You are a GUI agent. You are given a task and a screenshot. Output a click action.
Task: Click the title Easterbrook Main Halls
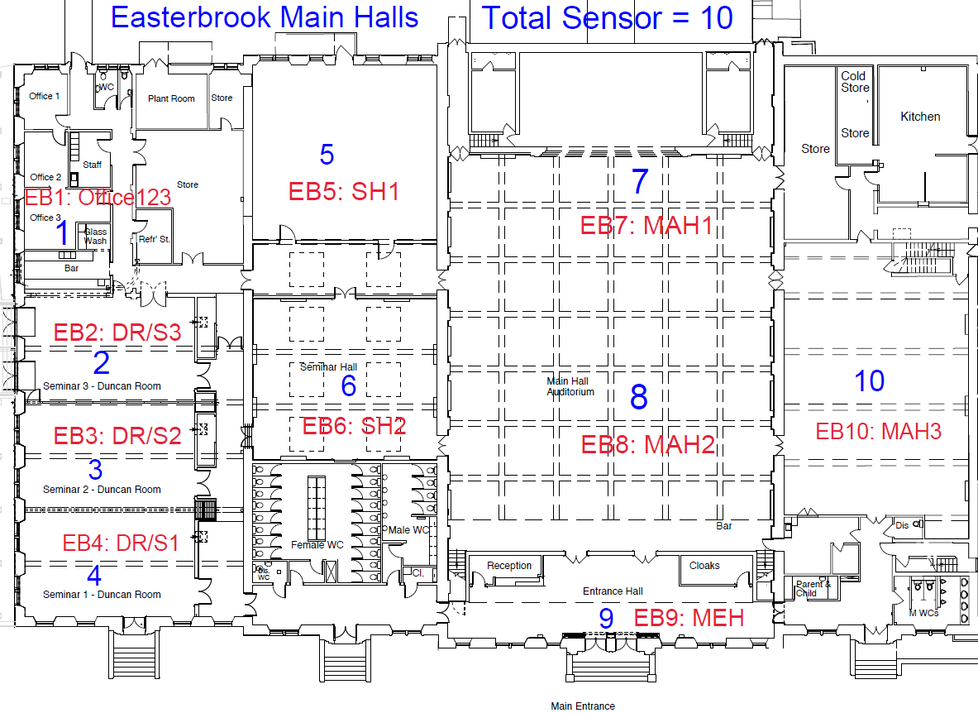coord(265,17)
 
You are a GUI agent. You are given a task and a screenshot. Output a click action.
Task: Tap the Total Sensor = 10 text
coord(608,17)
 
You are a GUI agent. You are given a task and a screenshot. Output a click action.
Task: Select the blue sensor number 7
coord(640,182)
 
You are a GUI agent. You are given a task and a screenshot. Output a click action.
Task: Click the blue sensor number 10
coord(869,381)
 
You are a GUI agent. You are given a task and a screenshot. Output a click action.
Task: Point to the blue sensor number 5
coord(327,155)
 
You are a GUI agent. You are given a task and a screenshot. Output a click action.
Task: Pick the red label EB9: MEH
coord(689,618)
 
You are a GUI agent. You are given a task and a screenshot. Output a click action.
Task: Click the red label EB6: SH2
coord(354,427)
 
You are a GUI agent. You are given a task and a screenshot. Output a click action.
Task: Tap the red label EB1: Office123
coord(98,198)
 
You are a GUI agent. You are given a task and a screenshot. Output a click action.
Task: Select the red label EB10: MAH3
coord(878,431)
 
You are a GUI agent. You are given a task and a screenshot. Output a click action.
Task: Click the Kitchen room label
coord(920,117)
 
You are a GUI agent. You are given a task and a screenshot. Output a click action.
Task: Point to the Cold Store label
coord(855,82)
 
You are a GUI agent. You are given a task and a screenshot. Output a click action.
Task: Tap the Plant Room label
coord(171,98)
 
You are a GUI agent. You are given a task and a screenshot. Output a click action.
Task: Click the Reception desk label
coord(509,566)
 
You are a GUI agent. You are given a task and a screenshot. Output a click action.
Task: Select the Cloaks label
coord(704,566)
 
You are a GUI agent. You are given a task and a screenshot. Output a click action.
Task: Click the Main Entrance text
coord(583,706)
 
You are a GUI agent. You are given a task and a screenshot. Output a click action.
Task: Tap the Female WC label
coord(317,545)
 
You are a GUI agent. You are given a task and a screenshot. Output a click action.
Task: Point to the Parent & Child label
coord(813,588)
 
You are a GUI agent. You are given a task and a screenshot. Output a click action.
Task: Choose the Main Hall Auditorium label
coord(570,386)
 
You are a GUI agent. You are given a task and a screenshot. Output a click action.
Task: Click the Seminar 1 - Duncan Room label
coord(102,595)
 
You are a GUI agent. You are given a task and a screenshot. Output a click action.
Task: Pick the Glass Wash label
coord(95,237)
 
